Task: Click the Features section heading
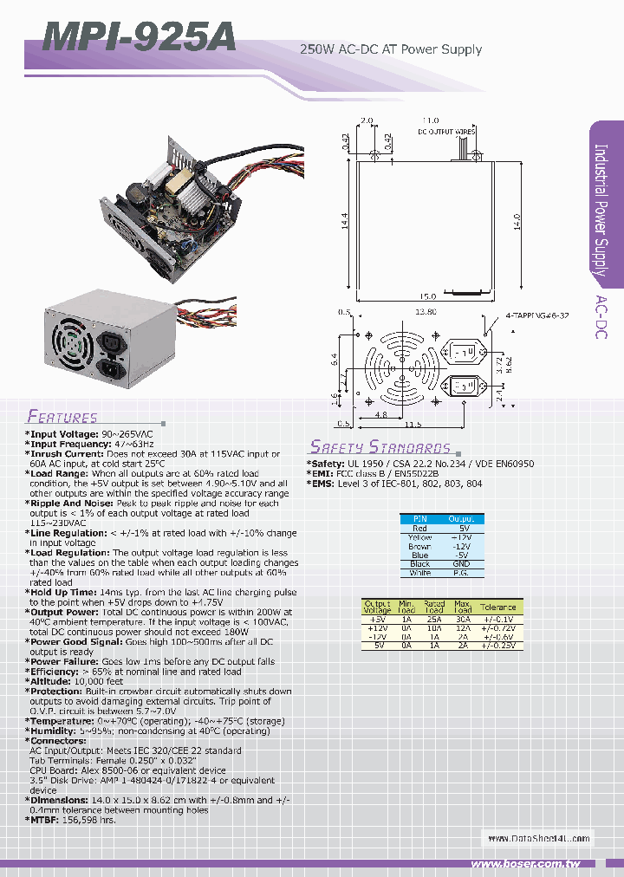pos(62,417)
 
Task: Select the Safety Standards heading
pos(380,447)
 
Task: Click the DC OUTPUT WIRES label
pos(447,132)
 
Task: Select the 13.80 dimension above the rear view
pos(425,311)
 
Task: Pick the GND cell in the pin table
pos(462,564)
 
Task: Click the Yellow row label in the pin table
pos(419,537)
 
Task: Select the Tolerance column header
pos(498,607)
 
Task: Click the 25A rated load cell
pos(434,619)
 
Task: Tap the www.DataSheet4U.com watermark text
pos(537,838)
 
